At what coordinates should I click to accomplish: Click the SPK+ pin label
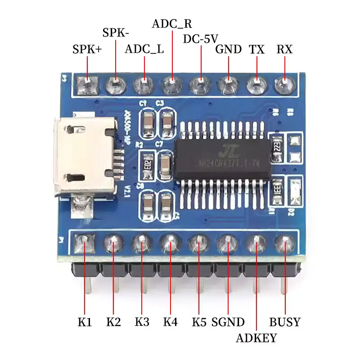pyautogui.click(x=87, y=49)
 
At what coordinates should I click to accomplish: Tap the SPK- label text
pyautogui.click(x=116, y=33)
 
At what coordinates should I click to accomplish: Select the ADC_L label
pyautogui.click(x=144, y=49)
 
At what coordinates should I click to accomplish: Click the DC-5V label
pyautogui.click(x=201, y=39)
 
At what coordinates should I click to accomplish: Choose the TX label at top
pyautogui.click(x=257, y=49)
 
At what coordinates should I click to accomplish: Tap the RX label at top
pyautogui.click(x=284, y=49)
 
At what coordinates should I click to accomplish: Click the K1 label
pyautogui.click(x=85, y=322)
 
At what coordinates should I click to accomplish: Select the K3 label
pyautogui.click(x=142, y=322)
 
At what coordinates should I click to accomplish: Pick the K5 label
pyautogui.click(x=198, y=322)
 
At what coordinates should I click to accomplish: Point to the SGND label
pyautogui.click(x=228, y=322)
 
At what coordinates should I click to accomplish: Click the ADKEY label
pyautogui.click(x=256, y=338)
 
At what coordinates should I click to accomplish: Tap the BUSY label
pyautogui.click(x=284, y=322)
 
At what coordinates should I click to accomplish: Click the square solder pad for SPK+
pyautogui.click(x=87, y=84)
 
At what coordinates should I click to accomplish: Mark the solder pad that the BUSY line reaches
pyautogui.click(x=284, y=244)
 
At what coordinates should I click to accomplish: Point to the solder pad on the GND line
pyautogui.click(x=228, y=84)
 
